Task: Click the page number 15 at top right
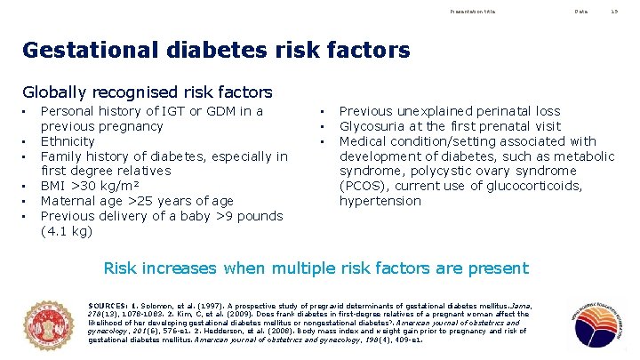[x=613, y=12]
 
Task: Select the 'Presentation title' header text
[x=479, y=12]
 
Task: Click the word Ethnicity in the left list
[x=68, y=141]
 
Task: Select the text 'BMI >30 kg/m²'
[x=87, y=187]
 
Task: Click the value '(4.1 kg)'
[x=66, y=231]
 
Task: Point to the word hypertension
[x=380, y=201]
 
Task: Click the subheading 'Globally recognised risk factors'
[x=148, y=92]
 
